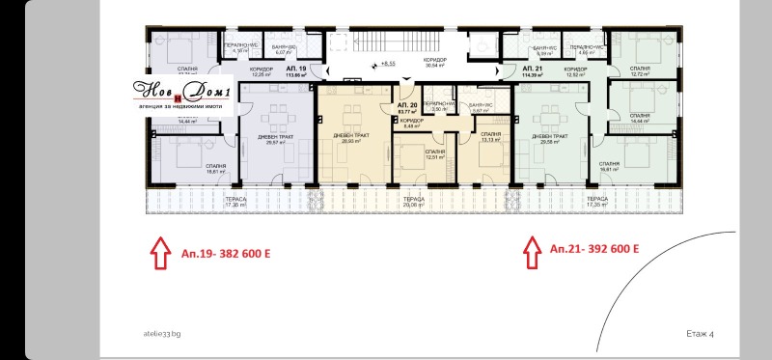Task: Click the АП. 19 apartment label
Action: (297, 71)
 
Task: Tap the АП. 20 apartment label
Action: (405, 107)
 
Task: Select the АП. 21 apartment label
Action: (535, 71)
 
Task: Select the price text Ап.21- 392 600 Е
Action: (594, 249)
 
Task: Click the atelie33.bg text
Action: (160, 333)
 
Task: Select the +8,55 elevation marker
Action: (386, 64)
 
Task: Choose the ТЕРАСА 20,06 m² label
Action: (412, 204)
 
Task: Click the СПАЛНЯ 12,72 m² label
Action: (639, 70)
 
